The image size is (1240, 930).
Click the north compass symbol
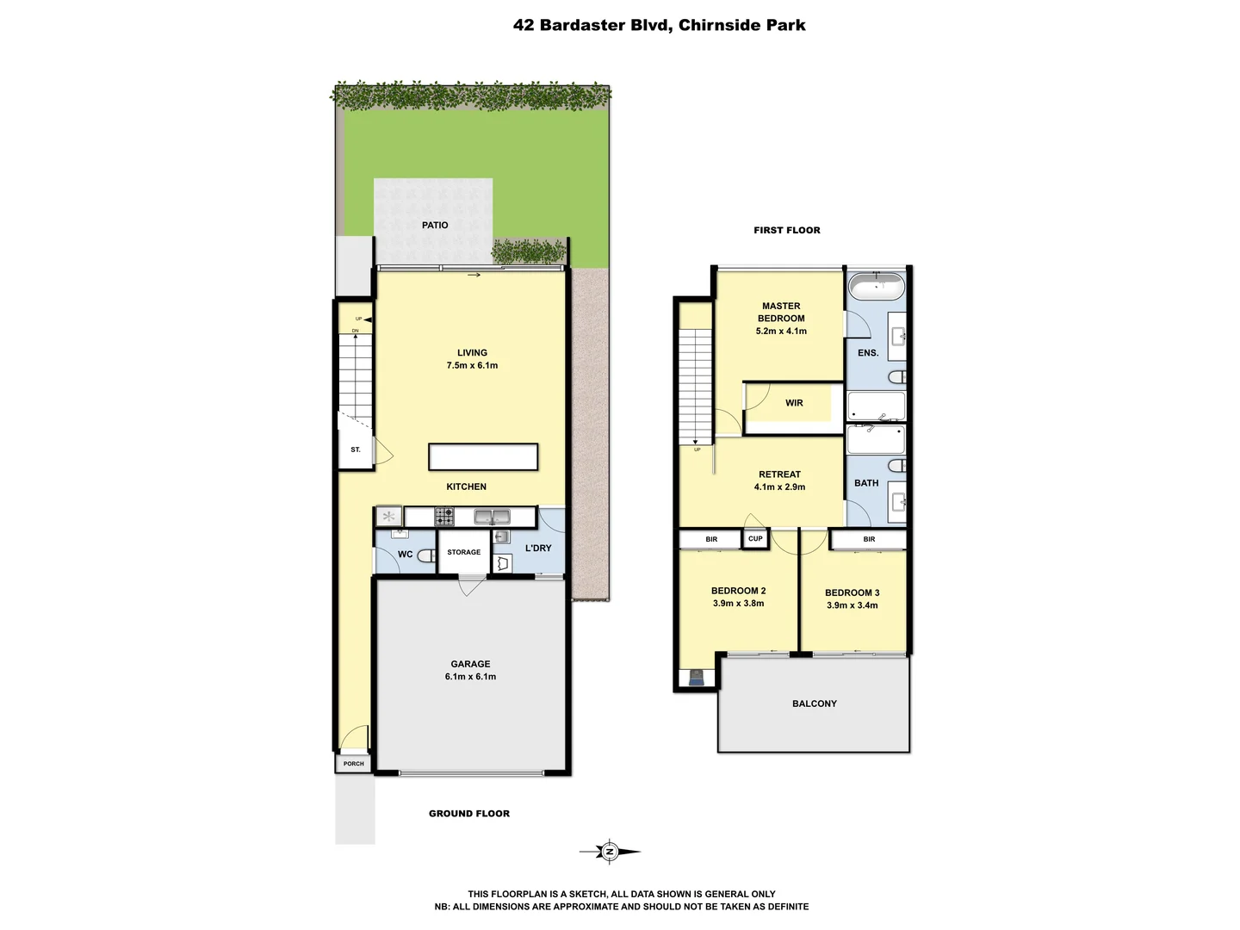point(610,852)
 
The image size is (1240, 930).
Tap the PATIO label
point(435,226)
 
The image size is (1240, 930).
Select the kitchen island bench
point(483,456)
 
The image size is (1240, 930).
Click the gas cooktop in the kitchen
point(444,517)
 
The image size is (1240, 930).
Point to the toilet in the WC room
point(425,555)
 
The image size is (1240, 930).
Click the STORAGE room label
point(463,553)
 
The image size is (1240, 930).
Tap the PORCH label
point(353,764)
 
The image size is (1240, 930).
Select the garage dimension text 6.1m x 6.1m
point(470,677)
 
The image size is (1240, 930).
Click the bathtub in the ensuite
point(876,286)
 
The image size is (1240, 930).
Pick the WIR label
point(794,403)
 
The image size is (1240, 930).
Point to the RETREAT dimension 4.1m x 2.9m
point(779,487)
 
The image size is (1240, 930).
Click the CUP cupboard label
point(755,539)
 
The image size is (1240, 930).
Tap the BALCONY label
point(814,704)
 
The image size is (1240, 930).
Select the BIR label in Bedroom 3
point(869,540)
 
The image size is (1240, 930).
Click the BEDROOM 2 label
point(738,591)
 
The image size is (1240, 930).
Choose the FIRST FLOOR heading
point(786,230)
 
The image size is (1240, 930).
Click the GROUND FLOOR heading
point(468,814)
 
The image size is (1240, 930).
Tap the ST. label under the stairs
point(355,450)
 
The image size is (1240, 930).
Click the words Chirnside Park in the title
point(741,25)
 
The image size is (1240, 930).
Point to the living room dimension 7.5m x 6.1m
point(472,366)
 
